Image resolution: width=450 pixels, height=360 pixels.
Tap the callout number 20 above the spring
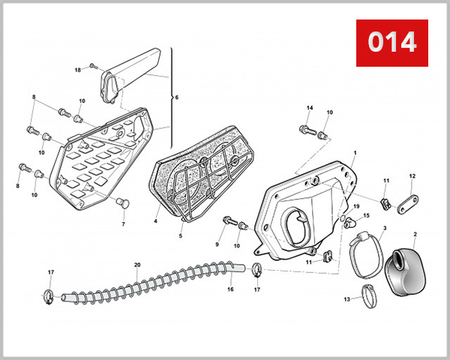[x=136, y=265]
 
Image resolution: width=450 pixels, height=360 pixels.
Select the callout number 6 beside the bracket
[x=177, y=97]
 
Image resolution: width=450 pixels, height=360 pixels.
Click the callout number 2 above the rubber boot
[x=415, y=235]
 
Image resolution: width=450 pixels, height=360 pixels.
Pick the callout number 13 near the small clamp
[x=346, y=299]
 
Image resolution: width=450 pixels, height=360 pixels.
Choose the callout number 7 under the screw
[x=124, y=223]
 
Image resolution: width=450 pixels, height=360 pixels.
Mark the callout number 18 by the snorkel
[x=77, y=70]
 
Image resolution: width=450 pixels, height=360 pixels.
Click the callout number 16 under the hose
[x=230, y=289]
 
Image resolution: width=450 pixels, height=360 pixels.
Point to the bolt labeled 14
[x=304, y=130]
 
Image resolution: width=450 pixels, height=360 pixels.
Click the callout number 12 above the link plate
[x=412, y=176]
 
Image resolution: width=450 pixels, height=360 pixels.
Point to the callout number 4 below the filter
[x=155, y=221]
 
